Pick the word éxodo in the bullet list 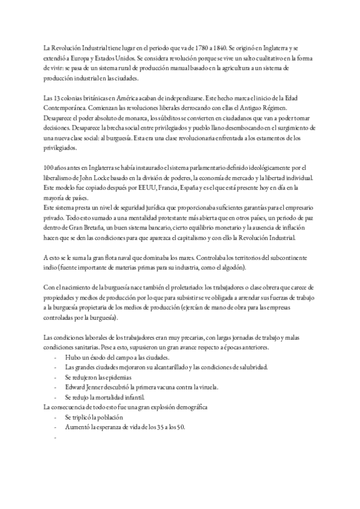click(91, 357)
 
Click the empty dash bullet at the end click(55, 437)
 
